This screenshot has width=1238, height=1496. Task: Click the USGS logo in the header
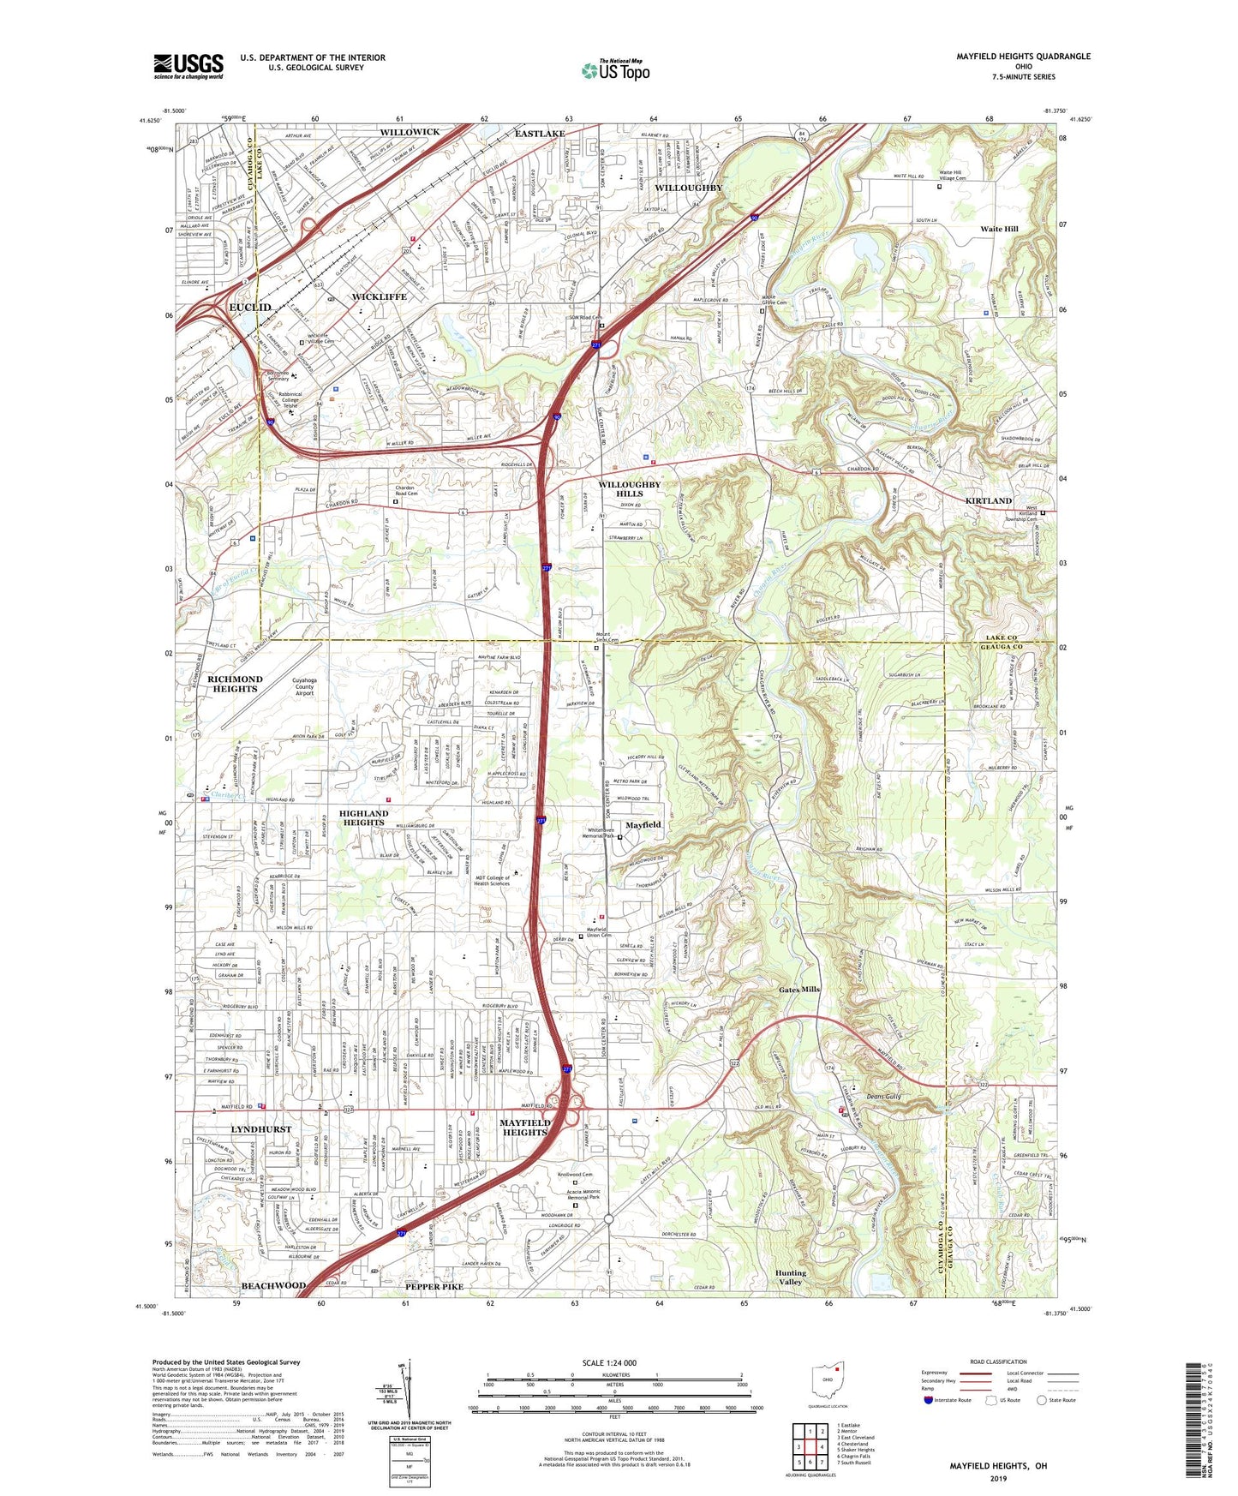[x=188, y=65]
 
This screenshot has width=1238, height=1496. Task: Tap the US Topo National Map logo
[x=614, y=70]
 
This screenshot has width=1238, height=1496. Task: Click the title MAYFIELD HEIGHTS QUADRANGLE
[x=1023, y=57]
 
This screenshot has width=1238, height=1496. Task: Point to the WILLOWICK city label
[x=410, y=132]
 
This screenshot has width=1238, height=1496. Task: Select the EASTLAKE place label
[x=540, y=134]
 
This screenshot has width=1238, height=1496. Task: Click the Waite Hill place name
[x=999, y=230]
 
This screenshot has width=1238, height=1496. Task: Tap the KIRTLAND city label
[x=989, y=500]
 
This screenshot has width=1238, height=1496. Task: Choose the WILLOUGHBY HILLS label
[x=630, y=489]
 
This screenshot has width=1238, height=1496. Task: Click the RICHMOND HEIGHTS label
[x=235, y=684]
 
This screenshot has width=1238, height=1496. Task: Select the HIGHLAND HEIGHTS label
[x=364, y=817]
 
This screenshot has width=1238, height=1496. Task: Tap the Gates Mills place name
[x=800, y=990]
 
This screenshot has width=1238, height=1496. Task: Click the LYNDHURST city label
[x=261, y=1129]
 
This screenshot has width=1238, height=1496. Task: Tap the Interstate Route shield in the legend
[x=929, y=1400]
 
